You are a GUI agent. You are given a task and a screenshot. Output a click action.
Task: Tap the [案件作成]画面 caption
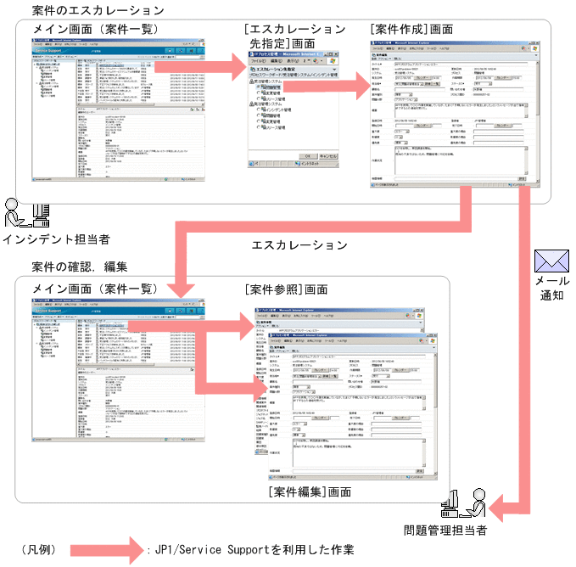point(412,31)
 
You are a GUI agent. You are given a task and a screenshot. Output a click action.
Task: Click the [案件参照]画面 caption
point(286,289)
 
